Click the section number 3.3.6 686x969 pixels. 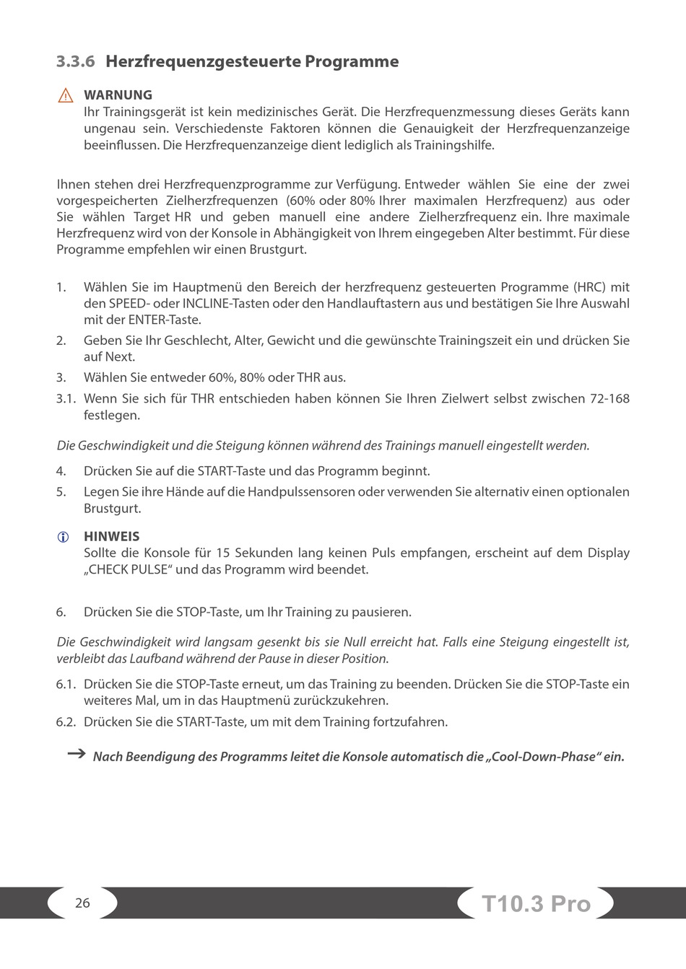click(76, 61)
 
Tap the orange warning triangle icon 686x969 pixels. click(66, 95)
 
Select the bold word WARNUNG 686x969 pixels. click(118, 95)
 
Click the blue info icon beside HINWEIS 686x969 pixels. click(64, 537)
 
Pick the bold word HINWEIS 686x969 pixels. click(111, 536)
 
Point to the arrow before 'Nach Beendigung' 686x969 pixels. click(76, 754)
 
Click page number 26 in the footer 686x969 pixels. click(82, 903)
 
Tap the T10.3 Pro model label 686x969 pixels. click(536, 903)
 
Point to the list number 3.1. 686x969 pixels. click(66, 398)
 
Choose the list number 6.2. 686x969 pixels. click(66, 722)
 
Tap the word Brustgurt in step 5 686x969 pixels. click(112, 508)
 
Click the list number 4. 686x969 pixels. click(61, 471)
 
